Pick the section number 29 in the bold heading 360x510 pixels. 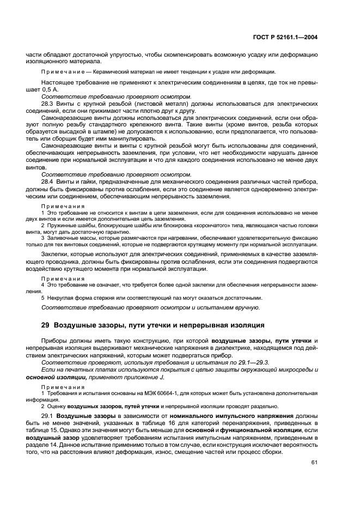pos(46,325)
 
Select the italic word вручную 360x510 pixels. pos(242,308)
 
